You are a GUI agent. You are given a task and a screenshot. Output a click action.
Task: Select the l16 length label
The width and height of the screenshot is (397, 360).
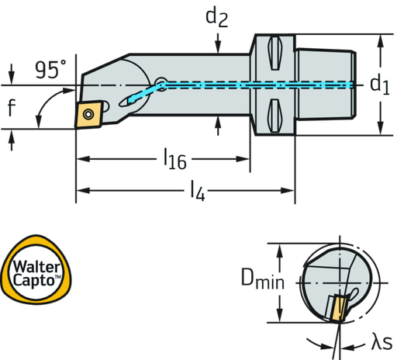coord(174,161)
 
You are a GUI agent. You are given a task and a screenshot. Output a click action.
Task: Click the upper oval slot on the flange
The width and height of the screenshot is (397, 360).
coord(272,54)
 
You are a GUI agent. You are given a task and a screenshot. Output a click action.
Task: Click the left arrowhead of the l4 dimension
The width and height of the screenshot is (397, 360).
coord(81,189)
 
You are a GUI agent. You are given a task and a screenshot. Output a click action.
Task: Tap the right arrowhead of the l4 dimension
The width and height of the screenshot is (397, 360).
coord(290,189)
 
